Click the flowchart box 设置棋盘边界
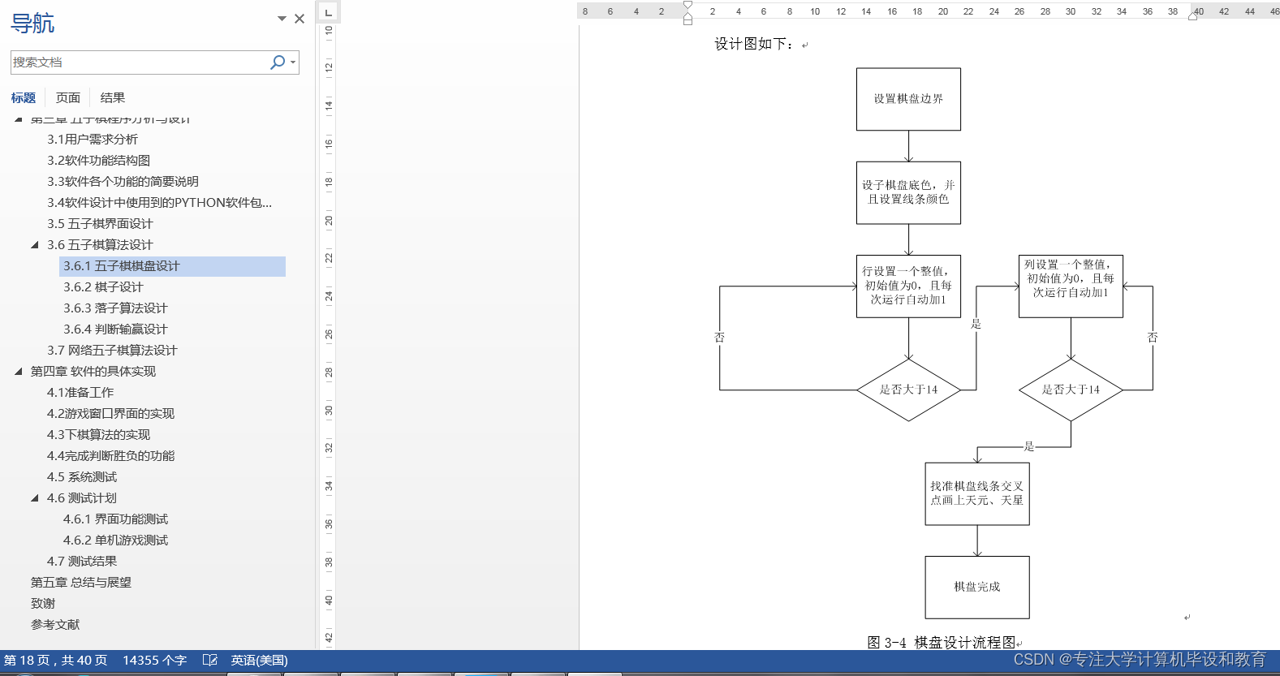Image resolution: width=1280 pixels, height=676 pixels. [x=908, y=99]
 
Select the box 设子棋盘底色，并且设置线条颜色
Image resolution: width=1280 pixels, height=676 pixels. [x=908, y=192]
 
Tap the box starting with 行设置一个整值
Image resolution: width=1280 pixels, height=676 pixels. [x=908, y=286]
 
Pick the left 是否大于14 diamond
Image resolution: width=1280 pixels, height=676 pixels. [x=908, y=390]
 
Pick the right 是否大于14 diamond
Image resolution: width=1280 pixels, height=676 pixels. [x=1071, y=390]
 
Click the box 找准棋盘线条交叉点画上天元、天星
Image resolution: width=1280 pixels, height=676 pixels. [x=977, y=493]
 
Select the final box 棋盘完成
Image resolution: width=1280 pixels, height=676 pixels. [x=977, y=587]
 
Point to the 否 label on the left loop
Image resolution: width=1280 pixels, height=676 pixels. [x=719, y=338]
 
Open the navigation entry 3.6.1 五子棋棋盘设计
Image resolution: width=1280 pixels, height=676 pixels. [x=122, y=266]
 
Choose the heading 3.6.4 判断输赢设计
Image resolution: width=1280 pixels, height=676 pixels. [x=115, y=329]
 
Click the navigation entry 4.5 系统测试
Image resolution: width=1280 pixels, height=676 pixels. [x=82, y=477]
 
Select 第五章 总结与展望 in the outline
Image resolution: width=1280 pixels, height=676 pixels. [x=81, y=583]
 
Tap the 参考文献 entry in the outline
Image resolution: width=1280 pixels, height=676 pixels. [x=55, y=625]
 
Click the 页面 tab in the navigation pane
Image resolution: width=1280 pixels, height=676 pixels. [x=68, y=98]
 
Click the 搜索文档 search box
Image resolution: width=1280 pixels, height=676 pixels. [x=138, y=62]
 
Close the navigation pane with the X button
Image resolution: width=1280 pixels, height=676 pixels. [x=300, y=19]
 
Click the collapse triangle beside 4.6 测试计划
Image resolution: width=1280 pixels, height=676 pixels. [x=35, y=498]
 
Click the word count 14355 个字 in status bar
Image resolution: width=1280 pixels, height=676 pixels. [x=154, y=661]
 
